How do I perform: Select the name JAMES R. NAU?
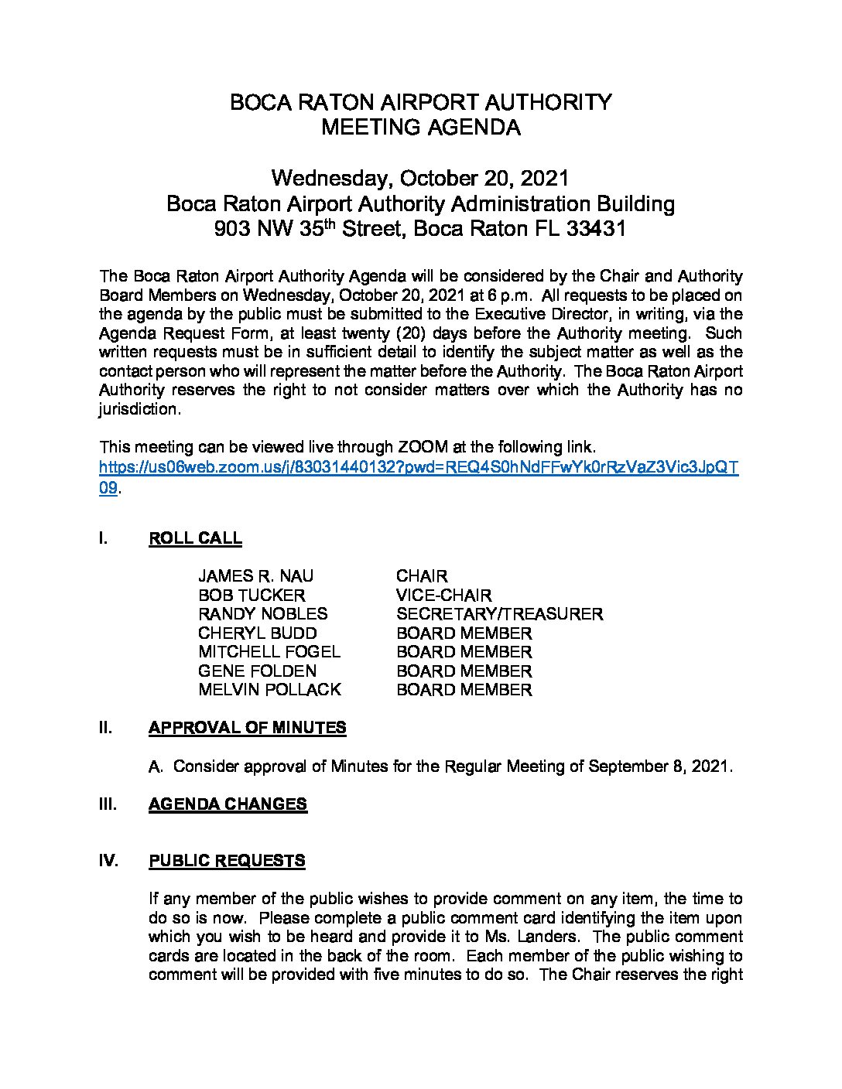click(x=255, y=576)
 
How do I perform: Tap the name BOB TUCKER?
click(x=252, y=596)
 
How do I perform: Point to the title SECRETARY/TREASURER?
click(x=499, y=614)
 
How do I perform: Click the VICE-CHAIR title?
click(x=443, y=596)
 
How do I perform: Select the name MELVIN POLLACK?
click(x=269, y=690)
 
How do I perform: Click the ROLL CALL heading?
click(x=195, y=539)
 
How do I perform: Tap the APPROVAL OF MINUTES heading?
click(x=247, y=728)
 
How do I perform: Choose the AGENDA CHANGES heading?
click(x=228, y=804)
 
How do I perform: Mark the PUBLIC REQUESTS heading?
click(x=227, y=861)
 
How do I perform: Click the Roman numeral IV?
click(x=108, y=861)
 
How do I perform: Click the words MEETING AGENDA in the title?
click(x=420, y=128)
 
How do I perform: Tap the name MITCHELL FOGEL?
click(x=269, y=652)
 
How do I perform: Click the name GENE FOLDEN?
click(x=257, y=671)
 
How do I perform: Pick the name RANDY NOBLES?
click(x=262, y=614)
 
